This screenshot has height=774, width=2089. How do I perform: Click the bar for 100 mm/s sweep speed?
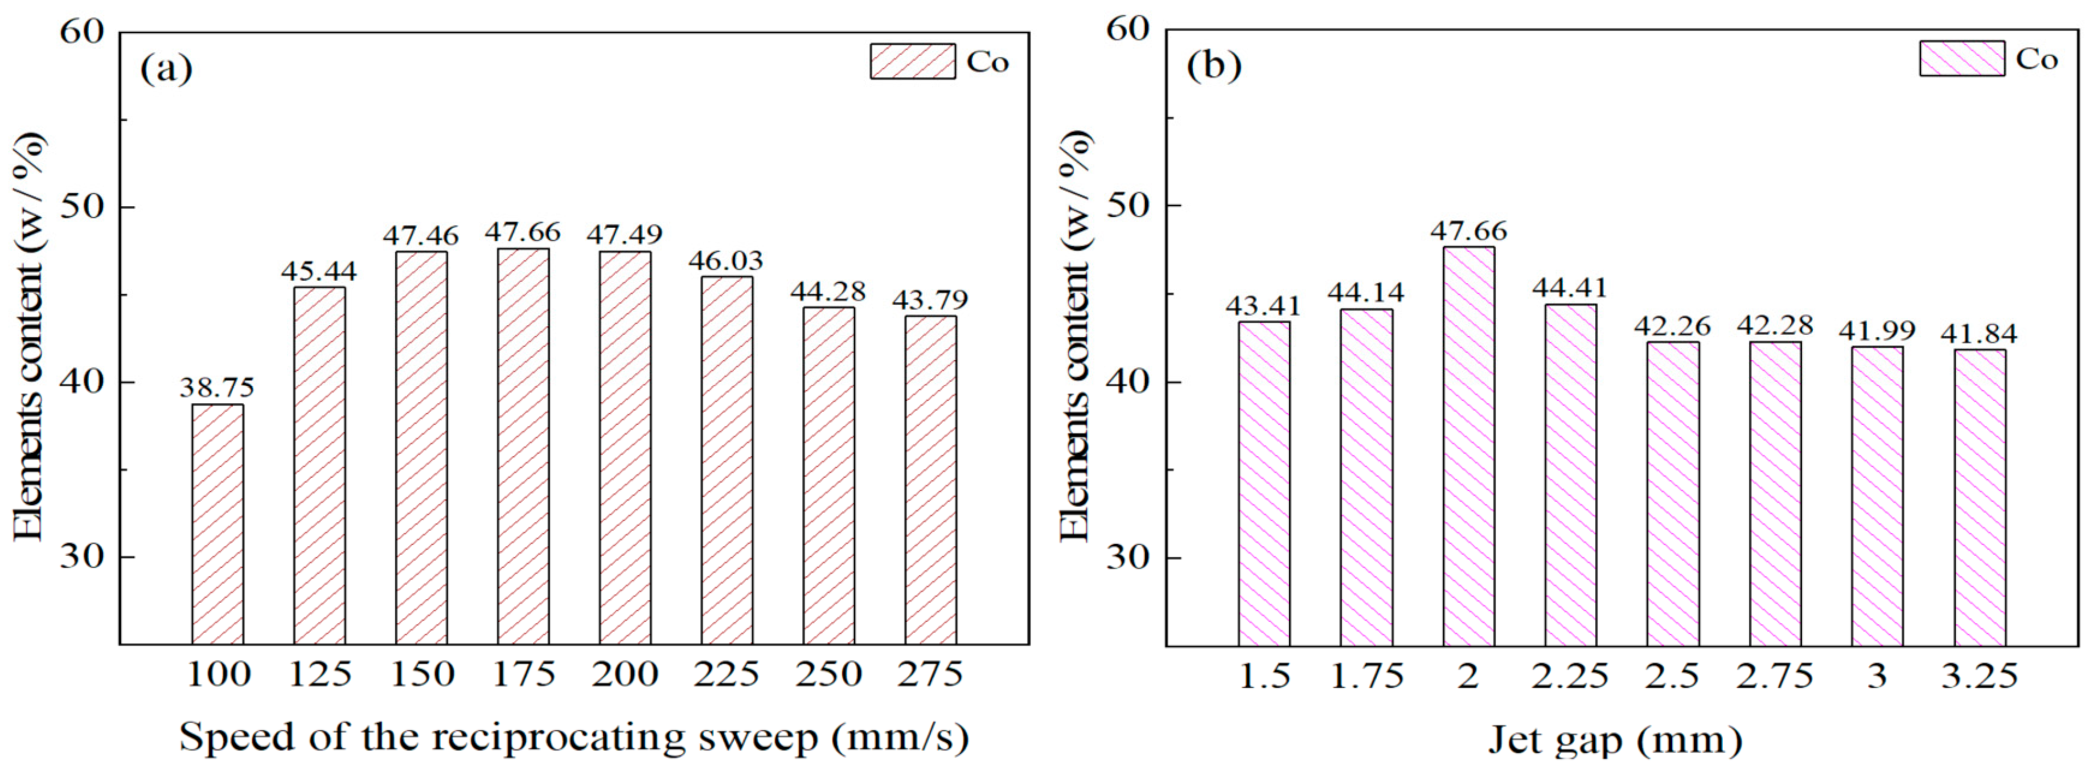point(217,524)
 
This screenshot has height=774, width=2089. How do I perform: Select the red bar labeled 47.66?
point(523,446)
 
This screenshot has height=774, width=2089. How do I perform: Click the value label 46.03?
point(726,260)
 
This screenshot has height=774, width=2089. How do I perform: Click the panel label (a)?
point(166,68)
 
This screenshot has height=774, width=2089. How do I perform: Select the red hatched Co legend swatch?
point(912,62)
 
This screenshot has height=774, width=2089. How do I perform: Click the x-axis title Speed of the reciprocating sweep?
point(573,738)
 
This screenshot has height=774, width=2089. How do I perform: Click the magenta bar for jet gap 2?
point(1468,446)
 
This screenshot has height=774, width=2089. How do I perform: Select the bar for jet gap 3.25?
point(1980,497)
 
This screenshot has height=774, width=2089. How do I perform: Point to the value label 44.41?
point(1570,288)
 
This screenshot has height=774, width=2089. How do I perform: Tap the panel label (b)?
point(1213,65)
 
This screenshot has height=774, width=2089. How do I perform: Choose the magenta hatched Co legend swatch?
point(1961,59)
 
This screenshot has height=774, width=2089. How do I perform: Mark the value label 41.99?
point(1877,330)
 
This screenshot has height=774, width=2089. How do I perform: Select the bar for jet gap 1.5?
point(1263,484)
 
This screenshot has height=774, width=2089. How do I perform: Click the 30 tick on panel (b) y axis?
point(1129,559)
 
